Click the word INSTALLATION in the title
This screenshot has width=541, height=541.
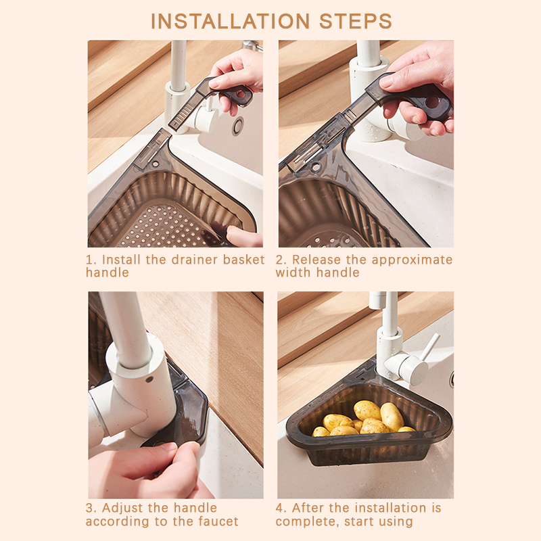tap(231, 22)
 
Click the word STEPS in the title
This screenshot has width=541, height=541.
tap(356, 22)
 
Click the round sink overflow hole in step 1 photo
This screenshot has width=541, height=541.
tap(238, 126)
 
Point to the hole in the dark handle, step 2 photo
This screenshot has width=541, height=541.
tap(431, 102)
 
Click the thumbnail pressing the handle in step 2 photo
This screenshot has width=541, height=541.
tap(386, 81)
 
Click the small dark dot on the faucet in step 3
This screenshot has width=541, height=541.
tap(149, 379)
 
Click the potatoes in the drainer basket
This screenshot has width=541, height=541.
tap(364, 419)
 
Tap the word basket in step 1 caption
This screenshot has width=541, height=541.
tap(243, 260)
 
